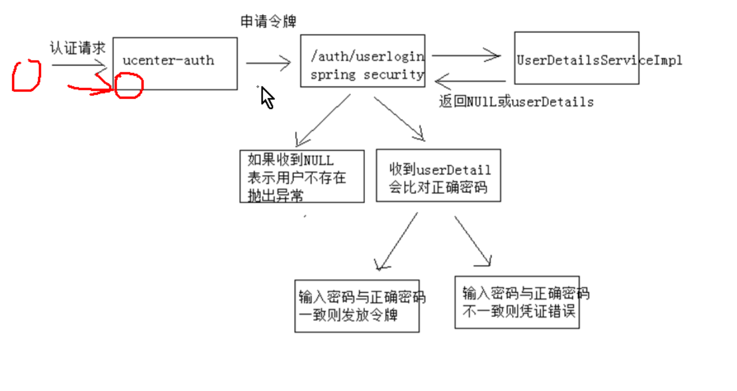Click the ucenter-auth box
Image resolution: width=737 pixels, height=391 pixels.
[175, 63]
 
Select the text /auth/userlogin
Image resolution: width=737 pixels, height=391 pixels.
[368, 57]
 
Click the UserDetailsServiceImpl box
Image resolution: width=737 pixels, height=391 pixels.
[576, 58]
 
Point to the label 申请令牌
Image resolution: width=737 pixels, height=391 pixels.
[268, 22]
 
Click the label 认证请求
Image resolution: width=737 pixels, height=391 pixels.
[77, 48]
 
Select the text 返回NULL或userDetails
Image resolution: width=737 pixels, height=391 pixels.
[516, 102]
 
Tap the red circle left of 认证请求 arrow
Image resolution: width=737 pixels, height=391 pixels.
[26, 76]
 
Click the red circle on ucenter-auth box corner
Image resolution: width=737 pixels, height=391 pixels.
[129, 85]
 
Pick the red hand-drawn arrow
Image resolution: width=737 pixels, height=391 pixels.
[90, 89]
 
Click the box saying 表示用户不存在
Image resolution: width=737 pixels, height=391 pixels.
[301, 176]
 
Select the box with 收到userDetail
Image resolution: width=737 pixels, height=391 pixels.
[438, 176]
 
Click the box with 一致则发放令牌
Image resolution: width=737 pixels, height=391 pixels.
[356, 306]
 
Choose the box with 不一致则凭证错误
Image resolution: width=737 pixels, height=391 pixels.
[516, 302]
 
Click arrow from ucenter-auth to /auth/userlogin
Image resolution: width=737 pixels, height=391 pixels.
[268, 63]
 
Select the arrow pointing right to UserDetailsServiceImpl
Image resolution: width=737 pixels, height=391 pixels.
[466, 56]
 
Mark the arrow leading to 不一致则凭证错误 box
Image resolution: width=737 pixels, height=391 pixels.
[473, 241]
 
